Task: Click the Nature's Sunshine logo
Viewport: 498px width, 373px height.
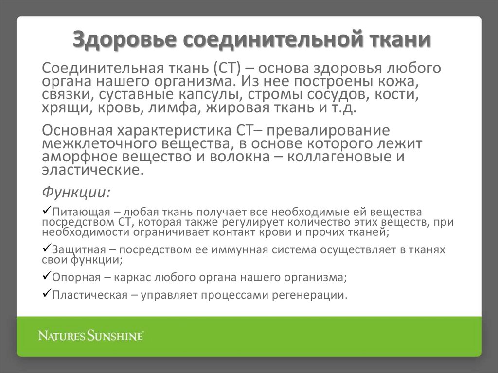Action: pos(91,336)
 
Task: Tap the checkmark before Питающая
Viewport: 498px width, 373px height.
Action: pos(47,211)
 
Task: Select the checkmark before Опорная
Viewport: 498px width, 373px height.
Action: pos(47,276)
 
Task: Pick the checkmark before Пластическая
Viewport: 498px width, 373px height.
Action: pos(47,294)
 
